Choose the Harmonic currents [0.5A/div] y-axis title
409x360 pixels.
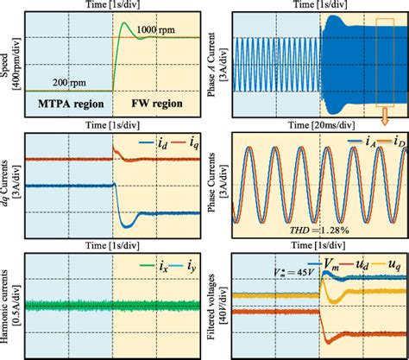(9, 302)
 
